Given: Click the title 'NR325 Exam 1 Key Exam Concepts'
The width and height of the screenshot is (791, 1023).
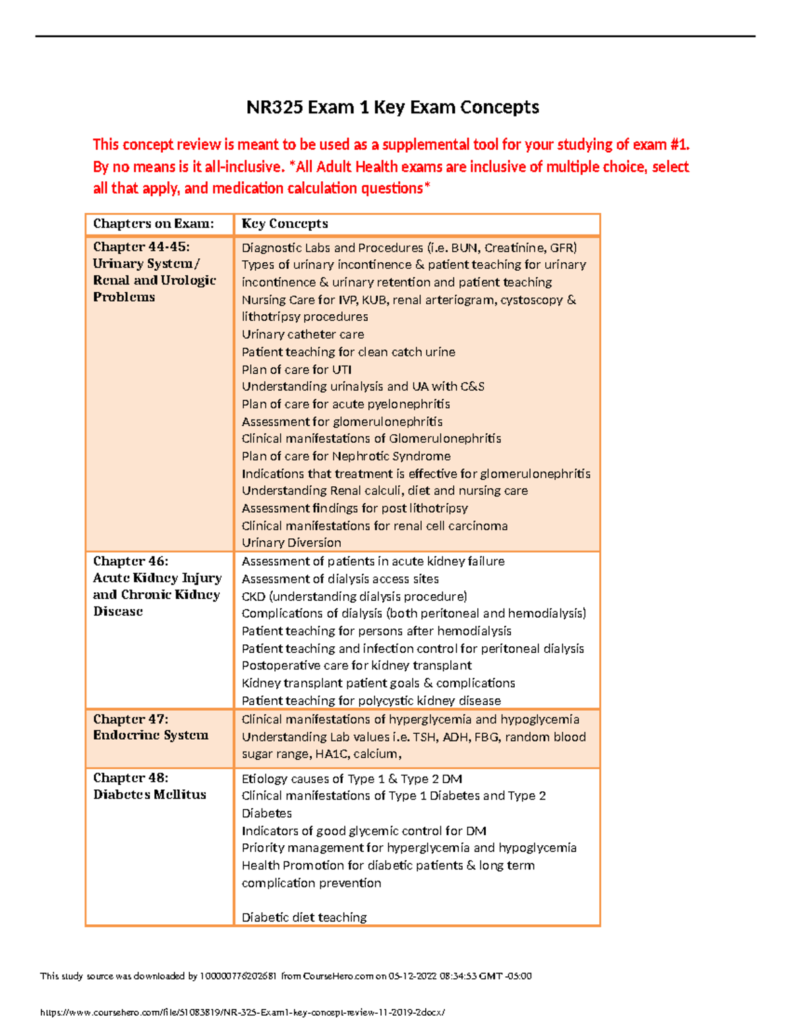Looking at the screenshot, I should pyautogui.click(x=392, y=107).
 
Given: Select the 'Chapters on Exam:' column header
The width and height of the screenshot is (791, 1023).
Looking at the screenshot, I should pyautogui.click(x=153, y=224).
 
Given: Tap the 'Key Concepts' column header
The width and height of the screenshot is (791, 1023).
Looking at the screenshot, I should pyautogui.click(x=285, y=224).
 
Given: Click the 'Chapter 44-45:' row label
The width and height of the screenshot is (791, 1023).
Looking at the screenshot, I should pyautogui.click(x=141, y=247).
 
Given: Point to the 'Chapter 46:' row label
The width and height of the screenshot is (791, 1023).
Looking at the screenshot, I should pyautogui.click(x=131, y=561).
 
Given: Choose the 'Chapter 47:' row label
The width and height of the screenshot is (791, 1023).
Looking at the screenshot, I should pyautogui.click(x=131, y=719).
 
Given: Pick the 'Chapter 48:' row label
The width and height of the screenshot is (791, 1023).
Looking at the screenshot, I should pyautogui.click(x=131, y=778).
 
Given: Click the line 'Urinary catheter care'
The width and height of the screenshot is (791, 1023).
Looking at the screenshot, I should pyautogui.click(x=303, y=335).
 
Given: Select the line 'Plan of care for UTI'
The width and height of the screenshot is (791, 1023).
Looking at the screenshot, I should pyautogui.click(x=297, y=370).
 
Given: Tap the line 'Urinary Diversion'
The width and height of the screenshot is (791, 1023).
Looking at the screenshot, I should pyautogui.click(x=291, y=543).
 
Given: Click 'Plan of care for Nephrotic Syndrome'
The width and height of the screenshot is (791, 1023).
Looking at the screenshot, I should pyautogui.click(x=346, y=456).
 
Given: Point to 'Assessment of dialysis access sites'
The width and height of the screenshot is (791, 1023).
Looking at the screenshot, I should pyautogui.click(x=340, y=579).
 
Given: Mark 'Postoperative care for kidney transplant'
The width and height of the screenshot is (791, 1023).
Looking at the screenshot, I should pyautogui.click(x=357, y=666).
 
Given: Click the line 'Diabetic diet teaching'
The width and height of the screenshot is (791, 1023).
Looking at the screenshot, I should pyautogui.click(x=304, y=918).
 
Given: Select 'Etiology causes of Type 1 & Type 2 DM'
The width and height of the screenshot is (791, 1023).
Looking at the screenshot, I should pyautogui.click(x=351, y=779).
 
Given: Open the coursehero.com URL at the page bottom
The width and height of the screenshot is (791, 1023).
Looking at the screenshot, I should pyautogui.click(x=242, y=1012).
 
